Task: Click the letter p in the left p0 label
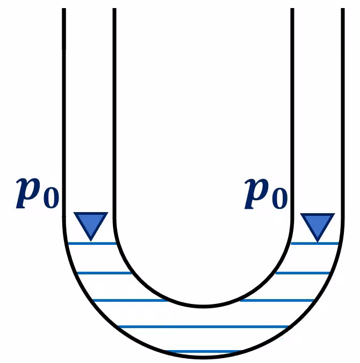point(28,193)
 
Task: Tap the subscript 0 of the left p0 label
point(51,198)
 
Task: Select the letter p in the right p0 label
point(257,193)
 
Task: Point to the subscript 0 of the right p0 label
point(280,199)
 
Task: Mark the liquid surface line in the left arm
point(92,244)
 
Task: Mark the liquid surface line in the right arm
point(315,244)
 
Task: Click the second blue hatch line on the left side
point(104,273)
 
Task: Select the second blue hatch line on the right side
point(303,273)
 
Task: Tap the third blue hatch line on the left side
point(130,301)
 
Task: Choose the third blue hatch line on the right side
point(277,301)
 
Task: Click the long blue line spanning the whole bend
point(203,327)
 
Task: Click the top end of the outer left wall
point(64,9)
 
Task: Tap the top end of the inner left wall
point(114,9)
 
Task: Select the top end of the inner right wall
point(292,9)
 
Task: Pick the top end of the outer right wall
point(343,9)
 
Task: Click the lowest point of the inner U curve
point(203,307)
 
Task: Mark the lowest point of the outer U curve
point(203,357)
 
